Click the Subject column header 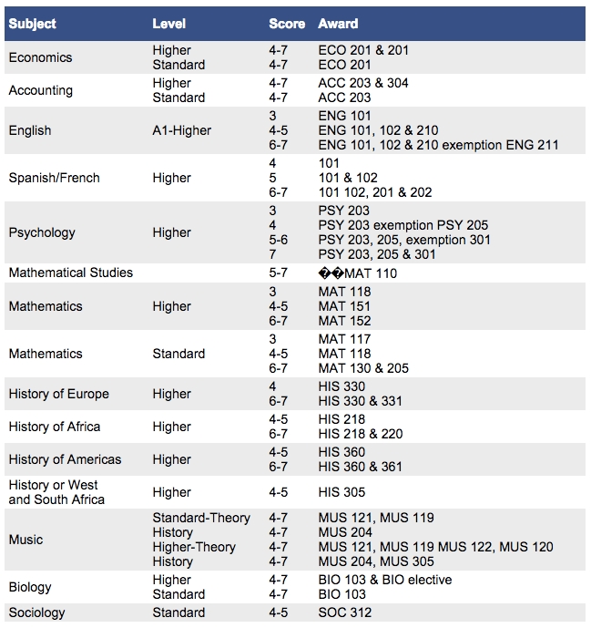click(x=32, y=24)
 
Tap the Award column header click(x=338, y=24)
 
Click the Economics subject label click(x=40, y=57)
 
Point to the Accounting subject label click(x=41, y=90)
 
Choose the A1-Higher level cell click(x=181, y=130)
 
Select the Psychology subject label click(x=41, y=232)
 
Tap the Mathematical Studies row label click(x=70, y=273)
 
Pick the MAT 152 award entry click(x=345, y=321)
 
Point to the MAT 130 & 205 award click(x=363, y=368)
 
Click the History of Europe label click(x=58, y=394)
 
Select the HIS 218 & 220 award click(x=361, y=434)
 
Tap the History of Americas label click(x=65, y=459)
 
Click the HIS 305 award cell click(x=341, y=492)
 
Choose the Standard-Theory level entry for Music click(x=201, y=518)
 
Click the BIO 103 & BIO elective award click(x=385, y=580)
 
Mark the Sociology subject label click(x=36, y=613)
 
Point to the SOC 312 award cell click(x=345, y=613)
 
